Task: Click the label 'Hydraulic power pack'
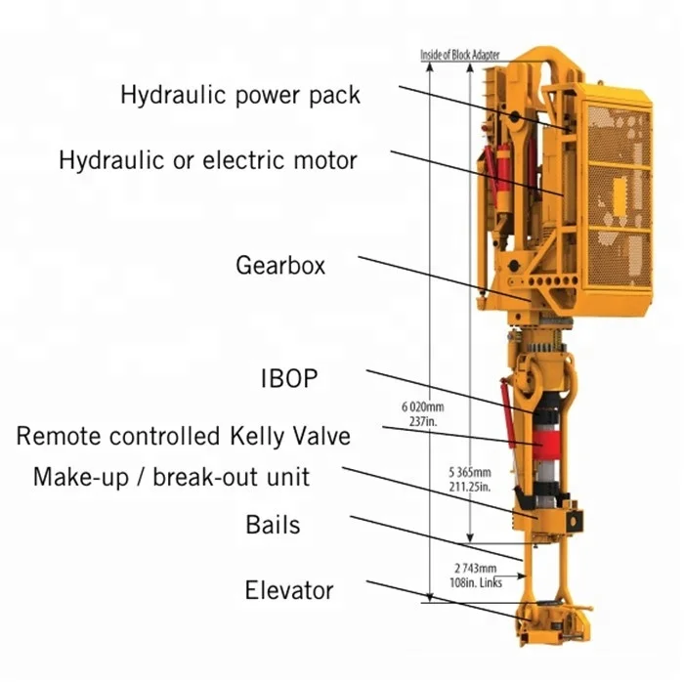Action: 240,95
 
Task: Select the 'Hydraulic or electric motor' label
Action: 208,159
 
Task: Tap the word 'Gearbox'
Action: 280,265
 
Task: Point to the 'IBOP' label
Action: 289,378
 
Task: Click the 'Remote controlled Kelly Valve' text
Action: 183,435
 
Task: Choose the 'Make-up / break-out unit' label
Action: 171,477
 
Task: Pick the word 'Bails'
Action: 273,525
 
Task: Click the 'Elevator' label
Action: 288,590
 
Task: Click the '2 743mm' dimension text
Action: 476,567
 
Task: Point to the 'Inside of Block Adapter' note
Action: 459,56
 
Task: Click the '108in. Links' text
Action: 476,578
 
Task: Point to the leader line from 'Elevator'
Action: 440,598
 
